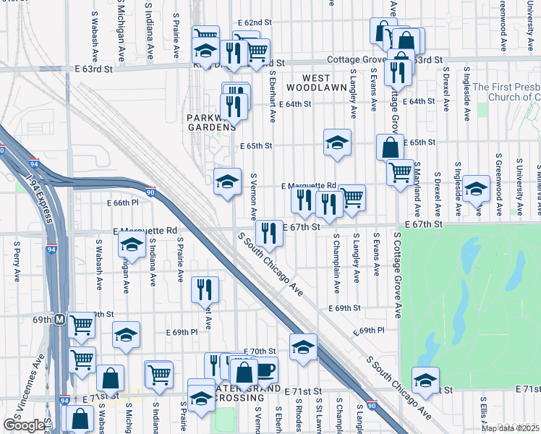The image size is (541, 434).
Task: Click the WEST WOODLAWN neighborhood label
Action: pyautogui.click(x=315, y=82)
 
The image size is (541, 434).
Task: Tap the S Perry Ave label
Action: pyautogui.click(x=16, y=265)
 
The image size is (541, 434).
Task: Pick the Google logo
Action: pyautogui.click(x=24, y=425)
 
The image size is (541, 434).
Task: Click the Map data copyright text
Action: pyautogui.click(x=511, y=428)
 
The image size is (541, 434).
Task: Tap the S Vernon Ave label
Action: pyautogui.click(x=254, y=196)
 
